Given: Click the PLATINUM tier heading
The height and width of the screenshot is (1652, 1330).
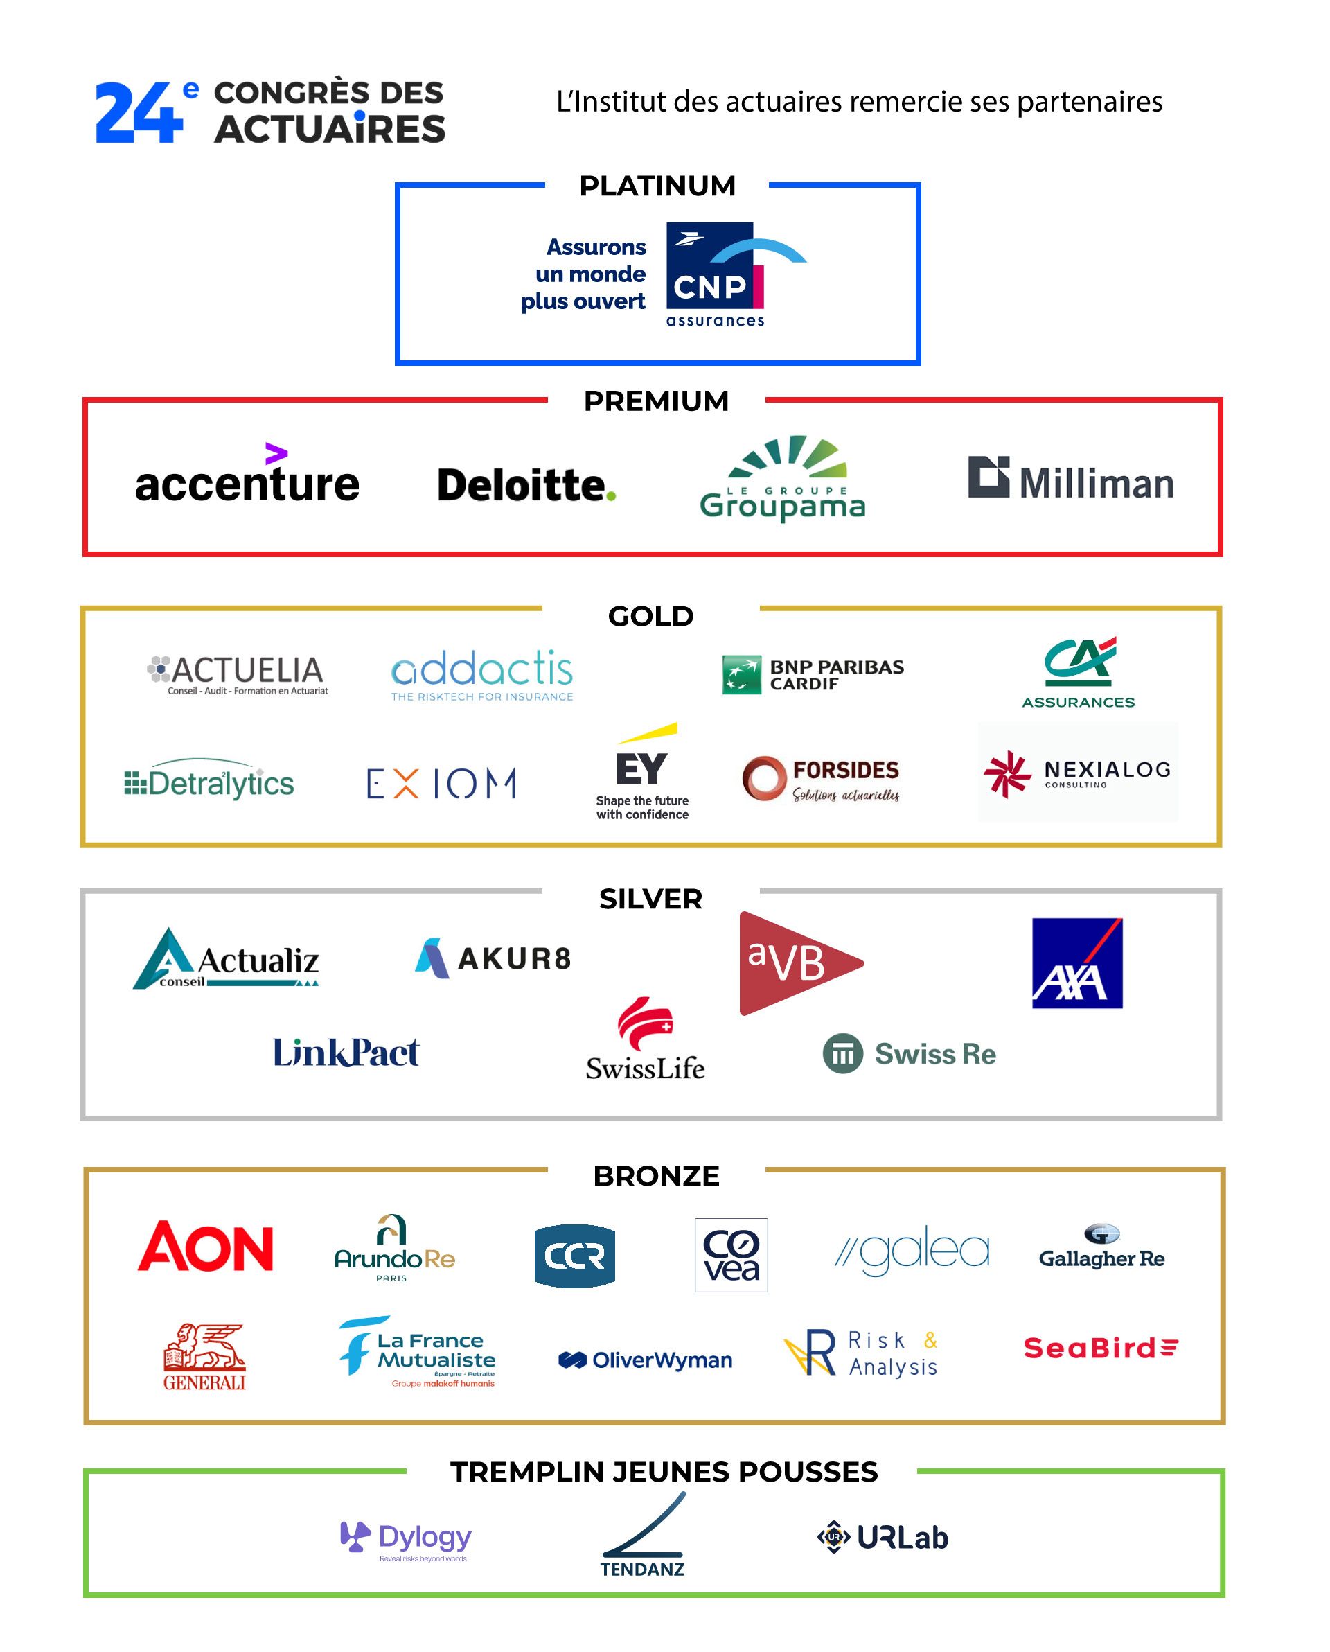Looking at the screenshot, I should click(657, 186).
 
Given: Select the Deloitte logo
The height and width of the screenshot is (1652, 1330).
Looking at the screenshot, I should click(526, 485).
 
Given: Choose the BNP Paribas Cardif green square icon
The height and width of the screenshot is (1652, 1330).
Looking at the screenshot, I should click(741, 674).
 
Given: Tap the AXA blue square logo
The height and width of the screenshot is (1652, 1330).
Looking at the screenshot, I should click(1076, 963).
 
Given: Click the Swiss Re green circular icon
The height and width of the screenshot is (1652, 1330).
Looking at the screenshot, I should click(842, 1053).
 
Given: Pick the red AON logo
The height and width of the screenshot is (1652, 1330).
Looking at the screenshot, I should click(205, 1247).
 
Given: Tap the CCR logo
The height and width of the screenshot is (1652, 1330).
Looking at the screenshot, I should click(574, 1255).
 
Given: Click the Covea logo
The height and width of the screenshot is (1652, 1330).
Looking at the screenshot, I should click(731, 1254).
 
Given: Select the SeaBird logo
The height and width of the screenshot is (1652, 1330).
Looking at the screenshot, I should click(1100, 1348).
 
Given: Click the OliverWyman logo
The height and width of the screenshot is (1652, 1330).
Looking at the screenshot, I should click(645, 1360).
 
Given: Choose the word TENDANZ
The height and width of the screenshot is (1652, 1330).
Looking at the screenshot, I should click(642, 1570).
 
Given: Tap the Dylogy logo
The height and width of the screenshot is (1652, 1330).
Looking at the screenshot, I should click(405, 1538).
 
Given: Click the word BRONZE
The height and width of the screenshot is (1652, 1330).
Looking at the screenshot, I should click(656, 1176).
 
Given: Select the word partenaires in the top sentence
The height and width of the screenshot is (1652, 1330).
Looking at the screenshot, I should click(1090, 102).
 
